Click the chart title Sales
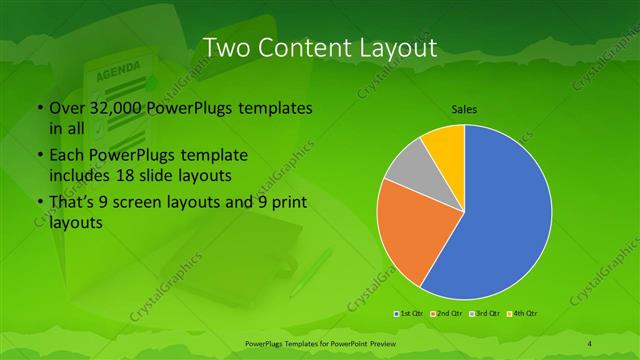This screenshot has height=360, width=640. pos(464,108)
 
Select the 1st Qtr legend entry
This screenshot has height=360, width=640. pos(412,314)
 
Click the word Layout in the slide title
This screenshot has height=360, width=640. pos(393,47)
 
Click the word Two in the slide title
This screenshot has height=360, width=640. pos(226,47)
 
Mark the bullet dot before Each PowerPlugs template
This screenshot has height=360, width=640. pos(39,156)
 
